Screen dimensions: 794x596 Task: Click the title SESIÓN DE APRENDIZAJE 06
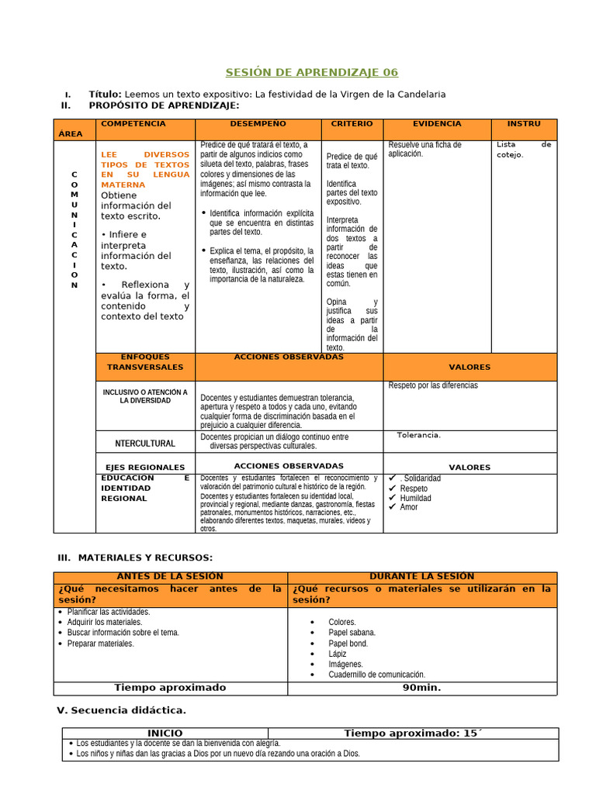(311, 72)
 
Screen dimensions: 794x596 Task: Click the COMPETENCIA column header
(133, 124)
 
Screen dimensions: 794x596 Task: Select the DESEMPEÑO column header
(258, 124)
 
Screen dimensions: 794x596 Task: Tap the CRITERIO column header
(352, 124)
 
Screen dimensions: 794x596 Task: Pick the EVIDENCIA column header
(437, 124)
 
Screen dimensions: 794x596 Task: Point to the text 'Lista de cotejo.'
(524, 150)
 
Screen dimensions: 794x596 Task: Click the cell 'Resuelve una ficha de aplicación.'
(424, 150)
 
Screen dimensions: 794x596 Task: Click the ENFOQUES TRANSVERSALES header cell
(145, 362)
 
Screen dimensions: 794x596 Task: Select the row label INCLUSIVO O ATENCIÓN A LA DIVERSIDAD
(145, 396)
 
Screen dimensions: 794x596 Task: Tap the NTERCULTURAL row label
(145, 444)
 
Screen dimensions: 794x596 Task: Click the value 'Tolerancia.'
(418, 435)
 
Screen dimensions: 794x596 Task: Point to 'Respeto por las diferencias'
(433, 385)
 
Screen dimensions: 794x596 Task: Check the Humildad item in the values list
(415, 498)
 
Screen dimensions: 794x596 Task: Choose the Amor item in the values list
(408, 507)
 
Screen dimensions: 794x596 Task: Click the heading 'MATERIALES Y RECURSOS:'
(145, 558)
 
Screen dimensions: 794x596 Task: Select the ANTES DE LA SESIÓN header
(169, 576)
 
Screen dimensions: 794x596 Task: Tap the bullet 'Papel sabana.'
(352, 633)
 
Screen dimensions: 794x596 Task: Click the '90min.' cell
(421, 688)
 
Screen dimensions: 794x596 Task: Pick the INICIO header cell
(165, 734)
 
